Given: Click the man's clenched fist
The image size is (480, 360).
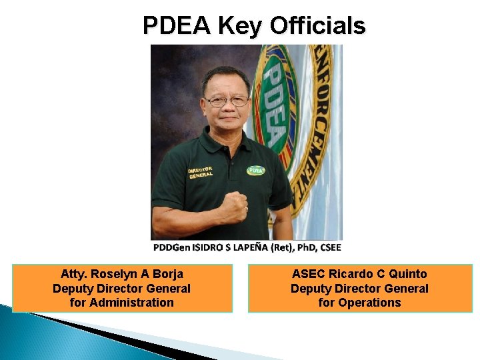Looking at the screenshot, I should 234,207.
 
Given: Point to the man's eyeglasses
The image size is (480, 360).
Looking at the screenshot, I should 227,101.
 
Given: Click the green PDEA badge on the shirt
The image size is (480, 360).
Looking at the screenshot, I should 256,170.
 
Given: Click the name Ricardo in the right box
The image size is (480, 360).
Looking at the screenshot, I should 351,274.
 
